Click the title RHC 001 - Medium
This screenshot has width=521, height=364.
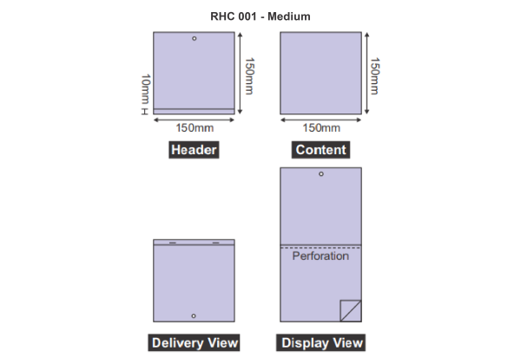coord(260,16)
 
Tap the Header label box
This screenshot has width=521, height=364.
coord(194,150)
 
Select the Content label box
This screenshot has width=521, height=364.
coord(320,150)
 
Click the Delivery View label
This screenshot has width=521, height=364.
coord(194,342)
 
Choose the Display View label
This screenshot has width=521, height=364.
coord(320,342)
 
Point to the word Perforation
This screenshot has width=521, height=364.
coord(320,256)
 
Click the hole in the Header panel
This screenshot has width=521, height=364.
coord(194,38)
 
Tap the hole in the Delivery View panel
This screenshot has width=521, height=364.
coord(194,316)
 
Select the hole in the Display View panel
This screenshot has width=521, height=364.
coord(321,173)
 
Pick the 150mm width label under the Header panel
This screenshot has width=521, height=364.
coord(195,127)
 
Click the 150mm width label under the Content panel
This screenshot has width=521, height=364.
coord(321,127)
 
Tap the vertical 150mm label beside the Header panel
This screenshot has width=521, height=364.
coord(249,76)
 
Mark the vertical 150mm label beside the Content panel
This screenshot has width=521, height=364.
coord(375,76)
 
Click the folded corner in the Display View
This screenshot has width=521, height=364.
coord(351,310)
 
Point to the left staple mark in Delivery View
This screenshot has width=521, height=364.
coord(173,243)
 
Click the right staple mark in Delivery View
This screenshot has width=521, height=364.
coord(215,243)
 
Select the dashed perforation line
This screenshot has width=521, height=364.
coord(320,248)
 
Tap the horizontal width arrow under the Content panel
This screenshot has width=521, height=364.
coord(320,120)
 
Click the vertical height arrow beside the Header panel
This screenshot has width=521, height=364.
coord(240,73)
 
